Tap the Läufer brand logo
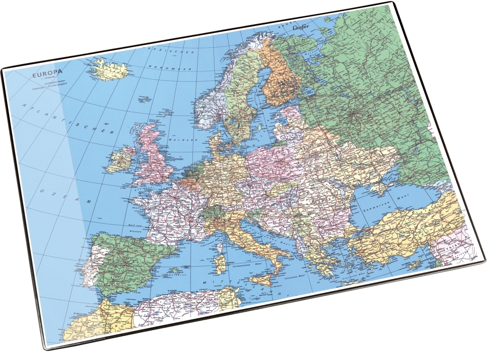pyautogui.click(x=301, y=27)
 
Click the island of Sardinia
pyautogui.click(x=221, y=264)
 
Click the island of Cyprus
pyautogui.click(x=416, y=264)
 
